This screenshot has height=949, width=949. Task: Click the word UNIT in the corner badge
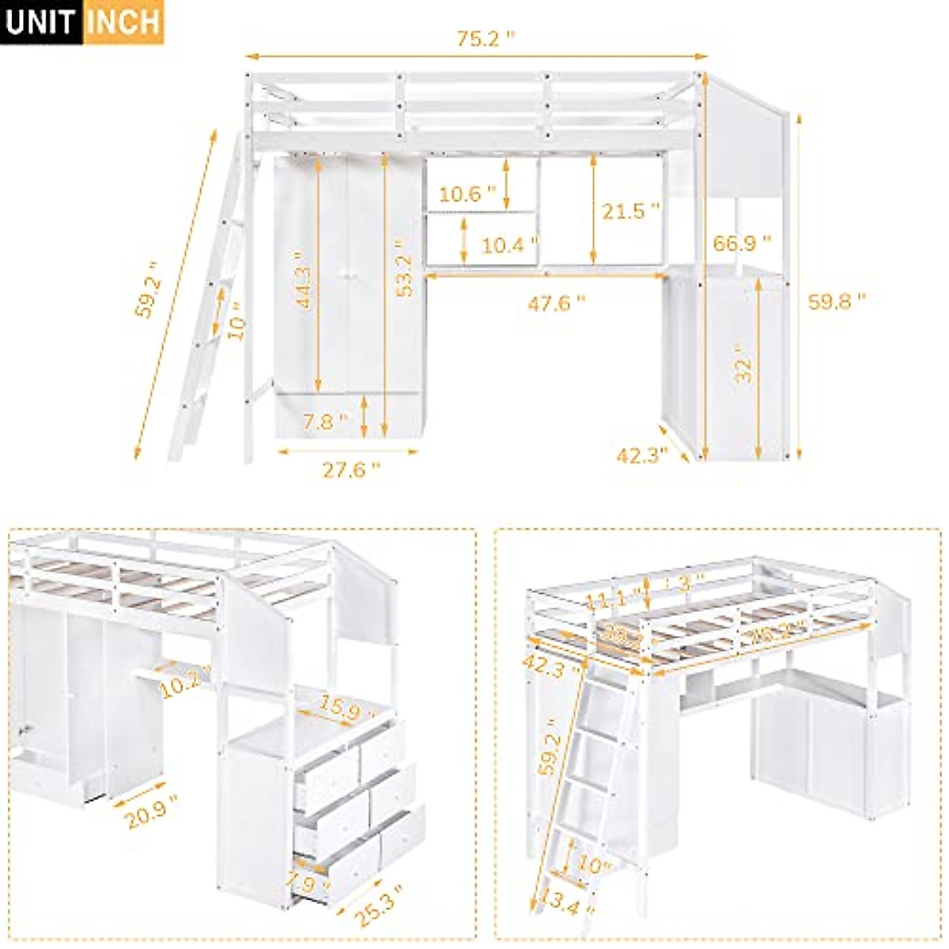41,22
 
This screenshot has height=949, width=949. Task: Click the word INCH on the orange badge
123,22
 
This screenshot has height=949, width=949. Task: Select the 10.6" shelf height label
467,194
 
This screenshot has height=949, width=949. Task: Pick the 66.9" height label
741,243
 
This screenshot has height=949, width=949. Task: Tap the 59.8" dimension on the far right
837,301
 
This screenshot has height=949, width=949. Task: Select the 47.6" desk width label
556,303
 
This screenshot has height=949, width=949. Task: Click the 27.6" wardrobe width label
350,470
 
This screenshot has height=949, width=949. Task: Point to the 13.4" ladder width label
561,902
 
